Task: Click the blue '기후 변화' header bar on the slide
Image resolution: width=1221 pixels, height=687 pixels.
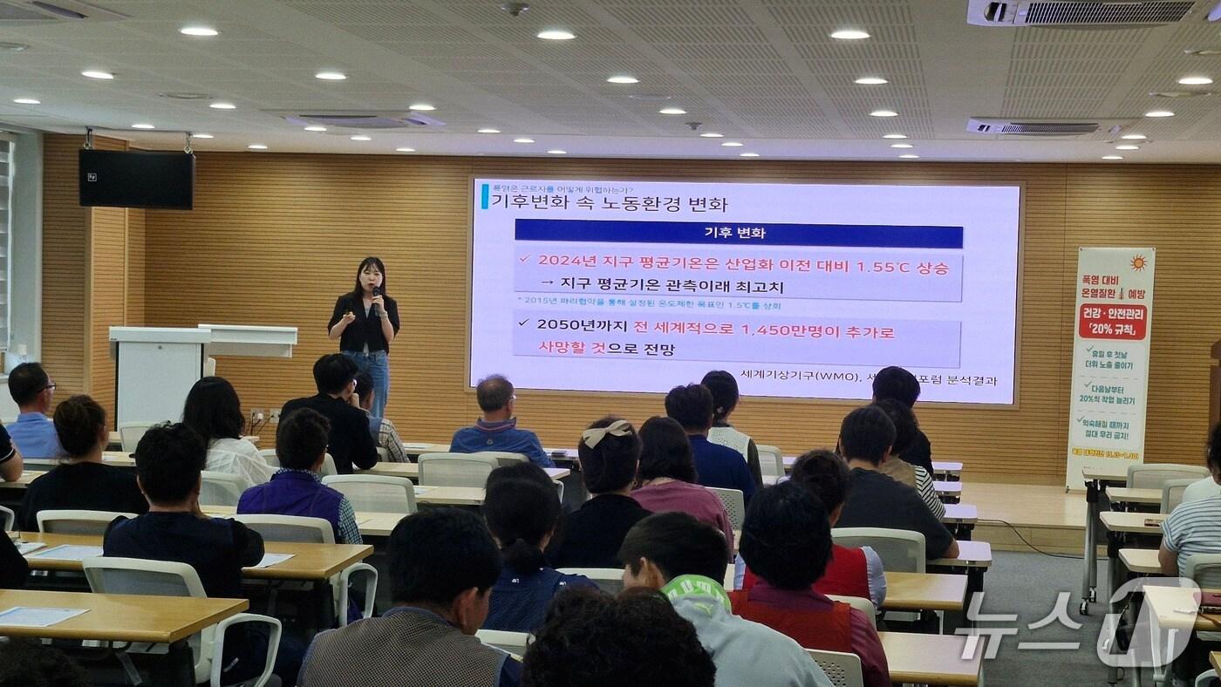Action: pos(738,234)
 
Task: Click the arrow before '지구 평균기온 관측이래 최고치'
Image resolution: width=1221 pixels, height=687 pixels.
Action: pos(547,283)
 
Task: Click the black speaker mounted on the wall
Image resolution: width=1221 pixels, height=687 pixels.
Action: pos(136,179)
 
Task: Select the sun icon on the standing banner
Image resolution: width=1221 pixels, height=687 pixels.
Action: pos(1138,262)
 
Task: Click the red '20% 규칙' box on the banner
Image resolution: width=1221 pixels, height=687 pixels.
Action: pos(1112,321)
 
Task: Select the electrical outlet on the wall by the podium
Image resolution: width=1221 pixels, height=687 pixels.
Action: pos(257,417)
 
